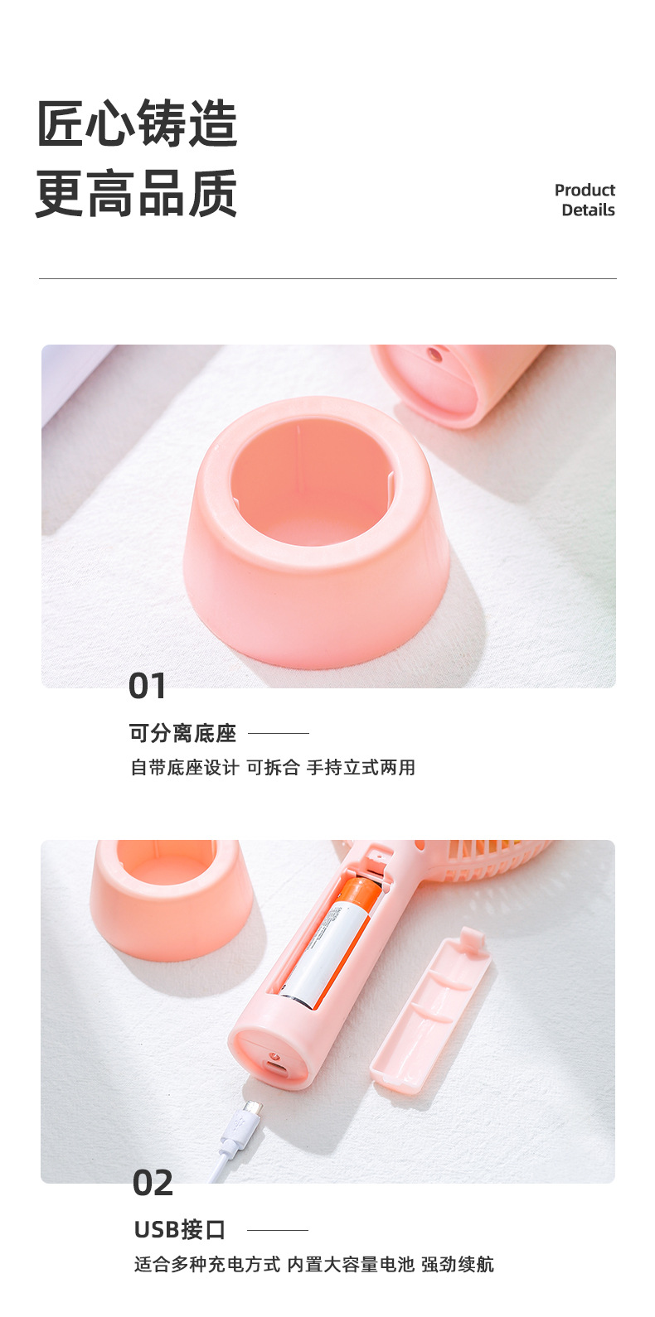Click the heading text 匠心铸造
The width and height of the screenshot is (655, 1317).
point(138,124)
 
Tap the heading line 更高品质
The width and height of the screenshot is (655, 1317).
point(138,193)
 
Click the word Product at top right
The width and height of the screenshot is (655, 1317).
point(585,190)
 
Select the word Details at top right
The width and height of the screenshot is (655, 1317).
point(588,210)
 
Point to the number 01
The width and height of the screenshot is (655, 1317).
point(148,687)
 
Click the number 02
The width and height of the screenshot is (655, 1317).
point(153,1184)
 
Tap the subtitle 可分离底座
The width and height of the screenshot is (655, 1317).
point(183,733)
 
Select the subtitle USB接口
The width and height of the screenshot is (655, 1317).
point(180,1230)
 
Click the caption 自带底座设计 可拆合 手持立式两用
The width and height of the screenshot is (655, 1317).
point(273,768)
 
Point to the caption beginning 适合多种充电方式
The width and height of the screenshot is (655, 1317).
point(314,1265)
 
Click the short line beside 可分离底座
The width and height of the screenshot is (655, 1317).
point(279,733)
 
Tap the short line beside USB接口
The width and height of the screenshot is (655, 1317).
point(278,1230)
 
